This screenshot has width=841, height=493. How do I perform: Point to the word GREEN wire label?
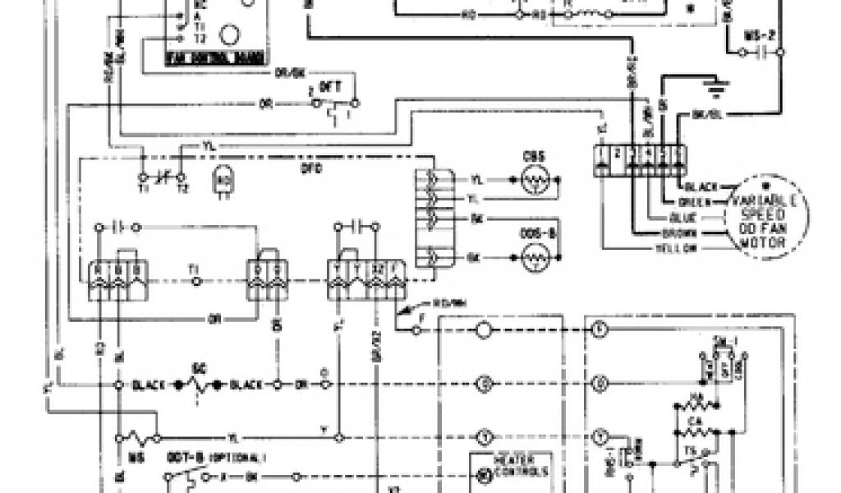tap(694, 202)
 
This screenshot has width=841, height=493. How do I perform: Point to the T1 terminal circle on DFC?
tap(145, 176)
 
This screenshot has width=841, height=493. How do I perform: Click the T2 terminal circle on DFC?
tap(182, 176)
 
